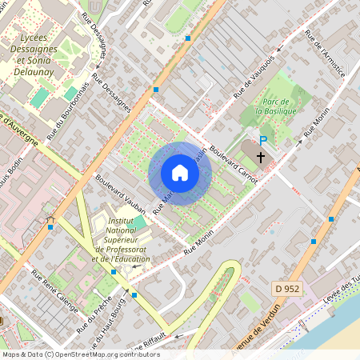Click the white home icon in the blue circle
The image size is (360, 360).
180,173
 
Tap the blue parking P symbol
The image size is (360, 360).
262,140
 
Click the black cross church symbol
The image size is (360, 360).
261,156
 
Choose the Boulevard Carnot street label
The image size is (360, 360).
233,164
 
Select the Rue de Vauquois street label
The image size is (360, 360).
254,77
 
